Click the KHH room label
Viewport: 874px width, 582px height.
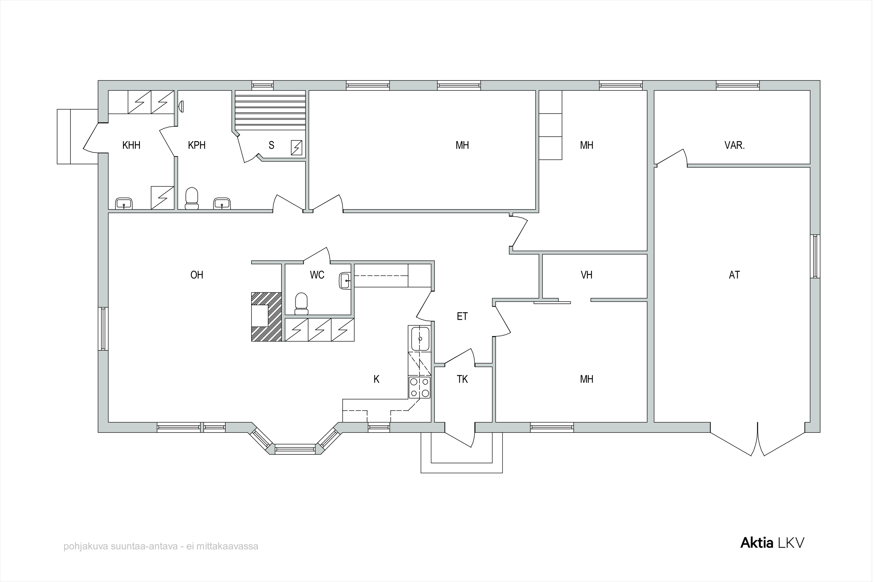pyautogui.click(x=131, y=145)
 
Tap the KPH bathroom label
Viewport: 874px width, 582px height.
pyautogui.click(x=197, y=145)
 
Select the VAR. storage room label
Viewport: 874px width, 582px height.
pyautogui.click(x=734, y=145)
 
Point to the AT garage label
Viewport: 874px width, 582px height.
pyautogui.click(x=734, y=275)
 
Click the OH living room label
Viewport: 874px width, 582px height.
pyautogui.click(x=197, y=275)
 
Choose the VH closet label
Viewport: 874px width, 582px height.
pyautogui.click(x=586, y=275)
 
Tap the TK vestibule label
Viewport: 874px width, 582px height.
pyautogui.click(x=462, y=379)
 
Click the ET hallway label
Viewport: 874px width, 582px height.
pyautogui.click(x=462, y=316)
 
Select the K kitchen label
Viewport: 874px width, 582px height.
pyautogui.click(x=376, y=379)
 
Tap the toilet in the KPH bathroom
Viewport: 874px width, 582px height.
pyautogui.click(x=191, y=198)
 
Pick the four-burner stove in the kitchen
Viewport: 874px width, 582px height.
pyautogui.click(x=420, y=388)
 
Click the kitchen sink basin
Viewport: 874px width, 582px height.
pyautogui.click(x=420, y=339)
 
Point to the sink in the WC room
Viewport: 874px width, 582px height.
pyautogui.click(x=345, y=281)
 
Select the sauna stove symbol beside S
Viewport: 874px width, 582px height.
pyautogui.click(x=296, y=148)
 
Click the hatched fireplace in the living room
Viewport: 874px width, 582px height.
pyautogui.click(x=266, y=317)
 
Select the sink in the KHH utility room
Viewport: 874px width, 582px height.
pyautogui.click(x=124, y=203)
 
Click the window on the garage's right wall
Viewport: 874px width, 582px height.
pyautogui.click(x=815, y=256)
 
